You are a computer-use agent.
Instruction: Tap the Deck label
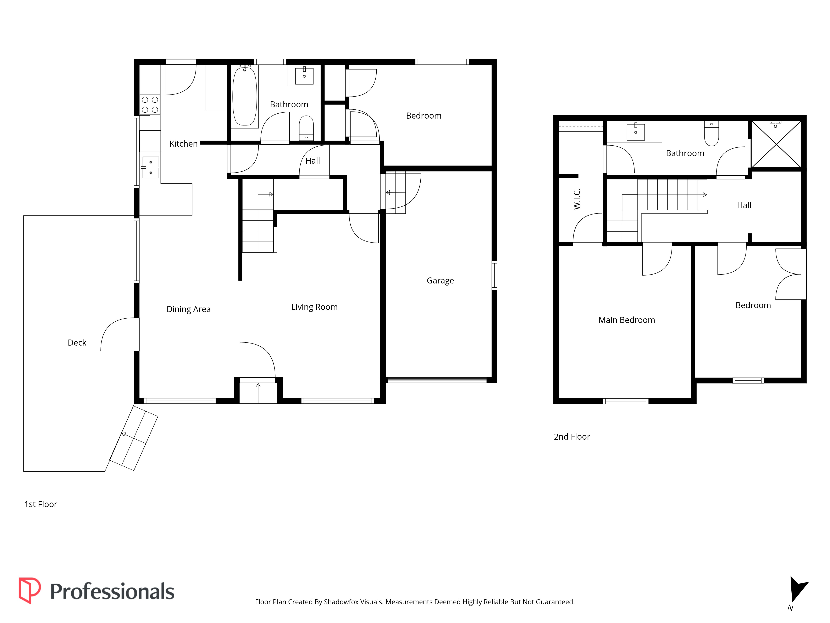[77, 342]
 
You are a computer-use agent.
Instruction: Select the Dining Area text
[188, 309]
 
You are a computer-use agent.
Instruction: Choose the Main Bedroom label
[627, 320]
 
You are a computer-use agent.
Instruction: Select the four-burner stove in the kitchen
[150, 104]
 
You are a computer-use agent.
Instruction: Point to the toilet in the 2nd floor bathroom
[712, 133]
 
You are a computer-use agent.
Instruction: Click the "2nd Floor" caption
[572, 437]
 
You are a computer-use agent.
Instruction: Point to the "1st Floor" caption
[40, 504]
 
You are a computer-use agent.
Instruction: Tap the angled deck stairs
[134, 438]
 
